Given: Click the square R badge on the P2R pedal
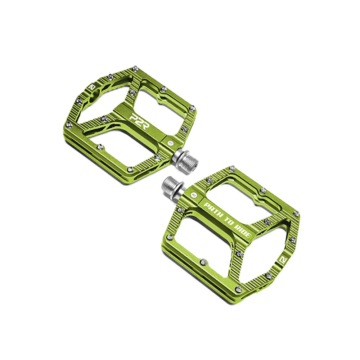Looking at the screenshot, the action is [92, 87].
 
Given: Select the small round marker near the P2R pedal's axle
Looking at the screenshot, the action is [170, 143].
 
